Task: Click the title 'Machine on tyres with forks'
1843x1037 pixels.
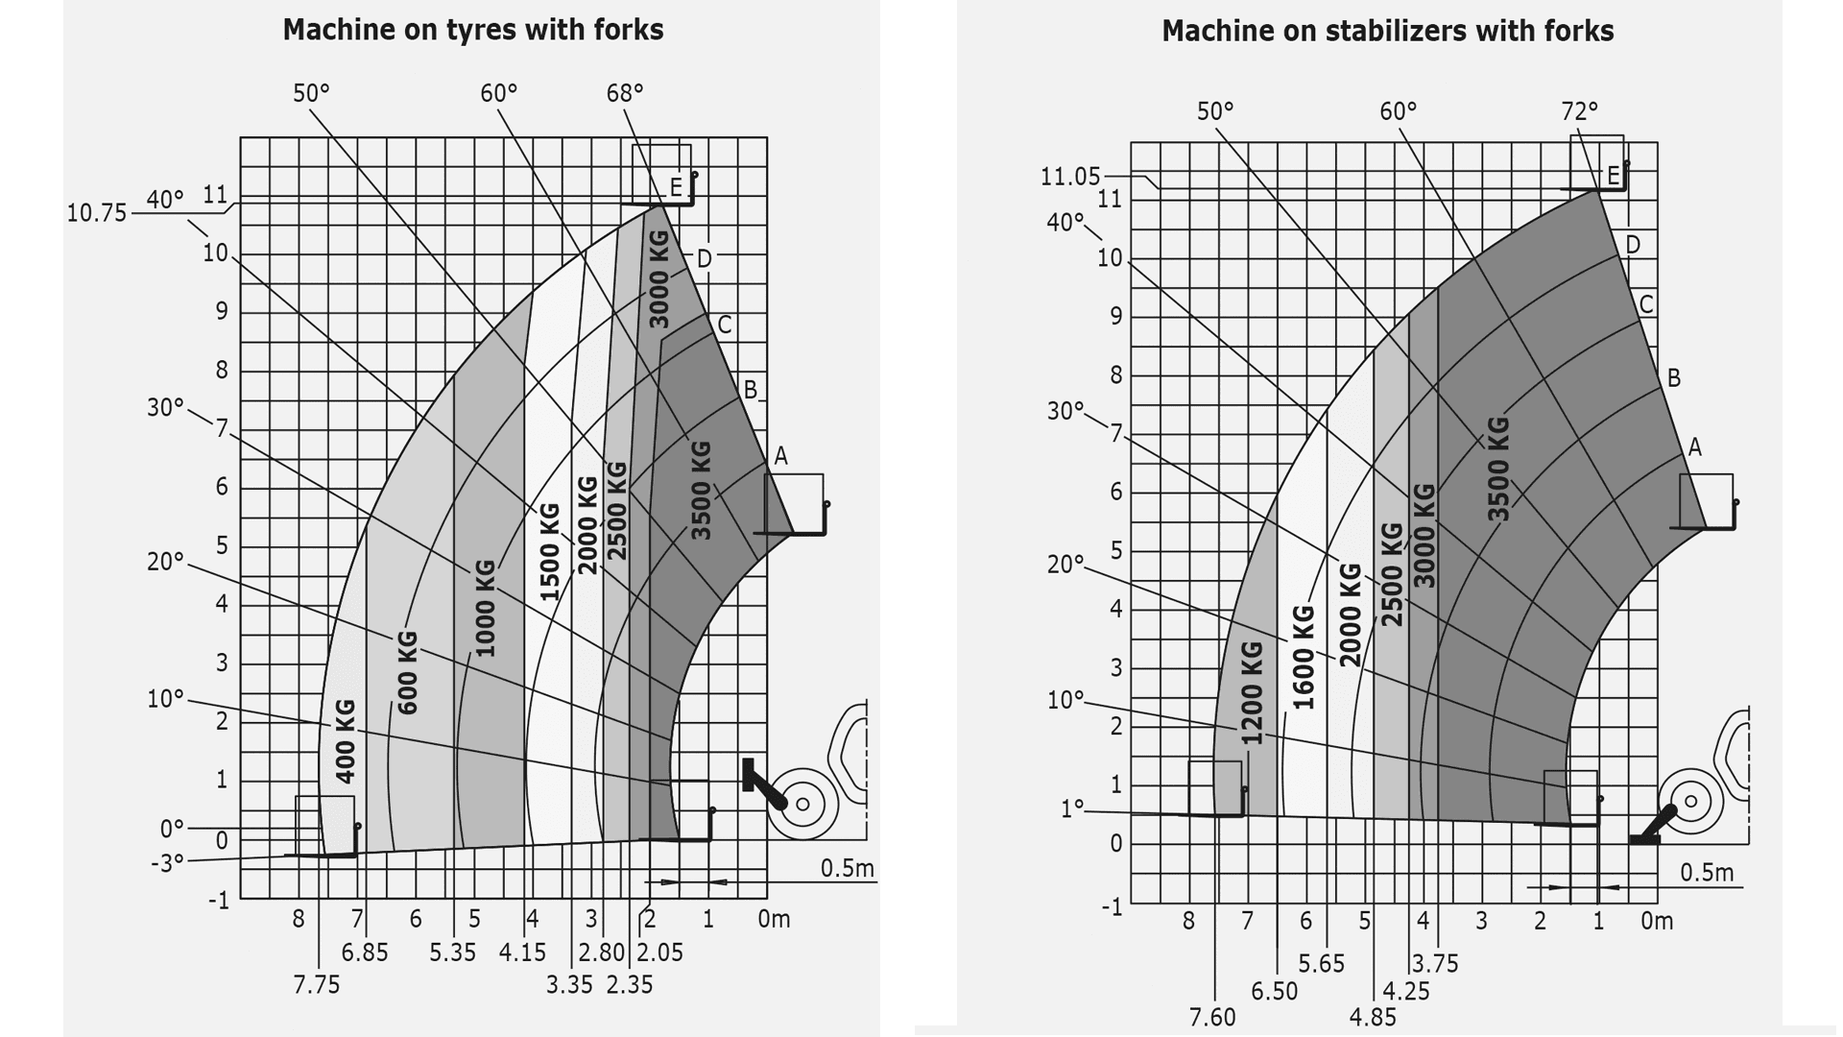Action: pyautogui.click(x=472, y=30)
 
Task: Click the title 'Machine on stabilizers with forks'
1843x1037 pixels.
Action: pyautogui.click(x=1387, y=31)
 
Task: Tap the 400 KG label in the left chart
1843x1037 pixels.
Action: pyautogui.click(x=346, y=740)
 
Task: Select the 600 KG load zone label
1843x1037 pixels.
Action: pyautogui.click(x=407, y=672)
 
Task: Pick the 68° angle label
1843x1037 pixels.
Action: pyautogui.click(x=625, y=93)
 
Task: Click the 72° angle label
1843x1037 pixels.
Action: pyautogui.click(x=1579, y=111)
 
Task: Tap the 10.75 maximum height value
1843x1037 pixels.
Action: pyautogui.click(x=96, y=213)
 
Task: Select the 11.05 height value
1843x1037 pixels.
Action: pyautogui.click(x=1070, y=177)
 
